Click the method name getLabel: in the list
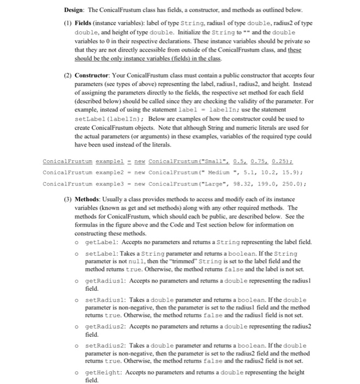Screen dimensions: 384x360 pyautogui.click(x=104, y=242)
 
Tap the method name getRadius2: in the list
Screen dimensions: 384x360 pyautogui.click(x=106, y=326)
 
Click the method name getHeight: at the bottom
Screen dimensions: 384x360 pyautogui.click(x=105, y=372)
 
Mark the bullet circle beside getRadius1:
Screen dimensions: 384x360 pyautogui.click(x=81, y=281)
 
